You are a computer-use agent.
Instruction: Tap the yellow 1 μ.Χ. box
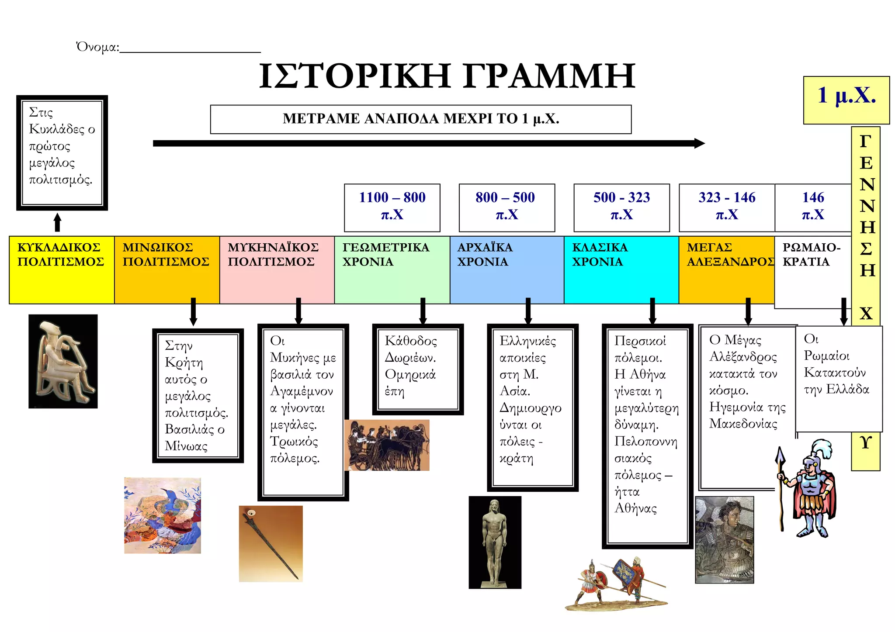tap(846, 100)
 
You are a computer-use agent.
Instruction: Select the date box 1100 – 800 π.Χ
tap(392, 207)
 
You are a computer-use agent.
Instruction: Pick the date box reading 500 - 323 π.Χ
tap(621, 207)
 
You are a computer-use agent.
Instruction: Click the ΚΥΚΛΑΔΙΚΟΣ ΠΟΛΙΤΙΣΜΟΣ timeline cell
tap(61, 269)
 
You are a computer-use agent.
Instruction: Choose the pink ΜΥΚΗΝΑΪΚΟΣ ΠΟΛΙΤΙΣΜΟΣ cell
tap(276, 269)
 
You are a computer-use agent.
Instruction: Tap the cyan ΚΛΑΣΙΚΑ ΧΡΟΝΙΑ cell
tap(621, 269)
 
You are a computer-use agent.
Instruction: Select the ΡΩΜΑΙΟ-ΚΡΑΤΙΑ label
tap(811, 255)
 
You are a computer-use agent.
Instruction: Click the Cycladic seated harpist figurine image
tap(63, 361)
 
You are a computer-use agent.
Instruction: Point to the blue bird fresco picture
tap(163, 515)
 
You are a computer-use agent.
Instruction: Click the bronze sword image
tap(271, 544)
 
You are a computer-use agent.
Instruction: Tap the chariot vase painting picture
tap(387, 445)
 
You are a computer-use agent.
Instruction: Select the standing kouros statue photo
tap(495, 542)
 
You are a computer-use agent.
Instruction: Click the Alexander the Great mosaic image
tap(724, 539)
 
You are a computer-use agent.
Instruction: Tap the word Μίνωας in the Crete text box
tap(186, 446)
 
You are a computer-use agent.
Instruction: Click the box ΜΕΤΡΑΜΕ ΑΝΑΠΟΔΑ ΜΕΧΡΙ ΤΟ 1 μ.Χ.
tap(420, 119)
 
